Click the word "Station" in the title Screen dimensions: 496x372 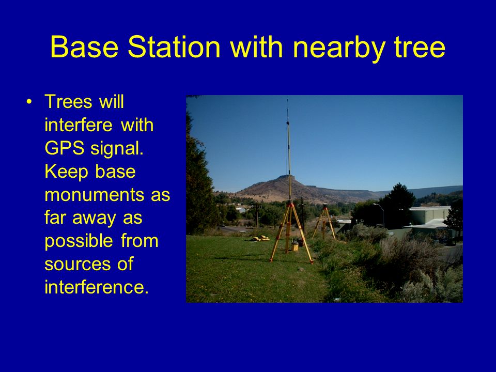(x=174, y=47)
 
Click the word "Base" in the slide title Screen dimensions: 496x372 (x=84, y=47)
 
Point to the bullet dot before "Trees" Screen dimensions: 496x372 (x=29, y=102)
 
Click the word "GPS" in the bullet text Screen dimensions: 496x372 (x=64, y=148)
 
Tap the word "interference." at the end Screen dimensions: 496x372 (x=97, y=287)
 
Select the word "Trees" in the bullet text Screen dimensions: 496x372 (x=69, y=102)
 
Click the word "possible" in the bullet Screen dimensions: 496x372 (x=79, y=242)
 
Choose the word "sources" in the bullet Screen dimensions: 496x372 (x=78, y=265)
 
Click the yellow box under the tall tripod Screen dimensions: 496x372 (x=295, y=246)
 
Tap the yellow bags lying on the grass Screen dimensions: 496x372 (x=261, y=238)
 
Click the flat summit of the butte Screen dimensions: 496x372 (x=286, y=176)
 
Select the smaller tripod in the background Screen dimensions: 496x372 (x=324, y=223)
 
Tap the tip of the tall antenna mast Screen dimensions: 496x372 (x=288, y=99)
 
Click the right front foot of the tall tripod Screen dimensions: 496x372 (x=312, y=262)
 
